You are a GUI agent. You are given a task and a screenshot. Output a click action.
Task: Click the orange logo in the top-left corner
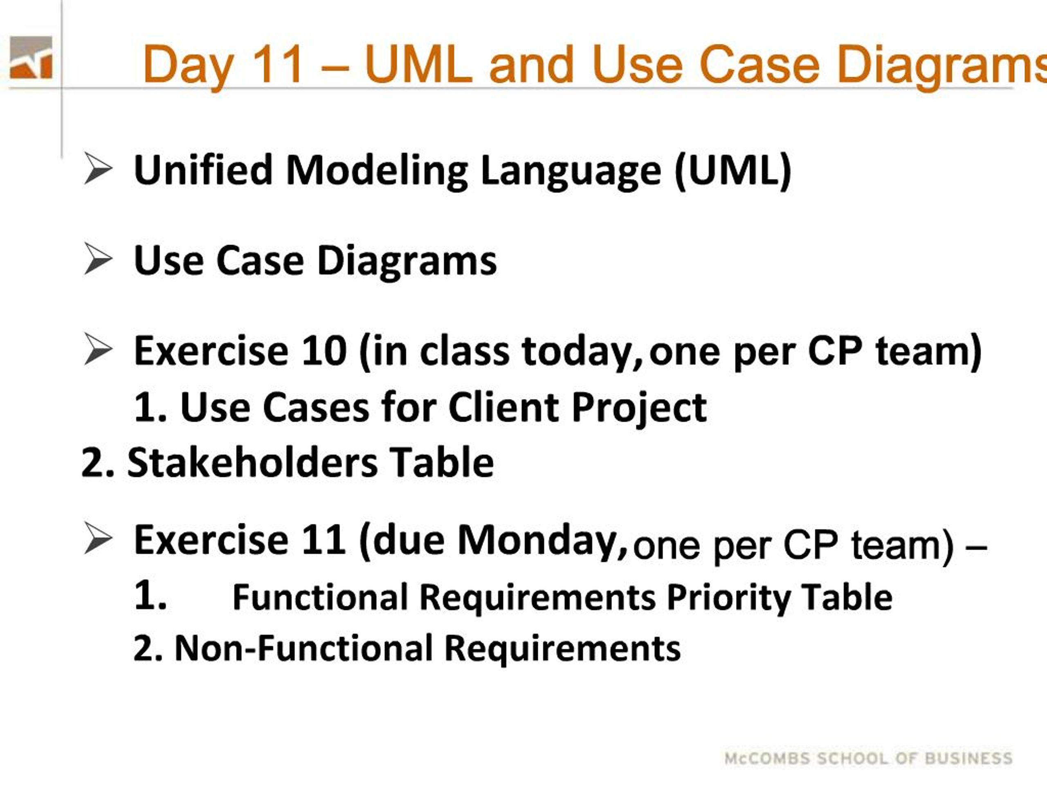tap(31, 57)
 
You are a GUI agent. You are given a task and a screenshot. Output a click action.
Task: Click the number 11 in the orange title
tap(277, 64)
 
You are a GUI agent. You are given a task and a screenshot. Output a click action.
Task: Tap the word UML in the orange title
tap(419, 64)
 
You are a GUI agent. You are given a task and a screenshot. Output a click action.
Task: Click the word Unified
tap(204, 169)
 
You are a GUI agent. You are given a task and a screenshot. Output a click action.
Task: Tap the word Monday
tap(542, 542)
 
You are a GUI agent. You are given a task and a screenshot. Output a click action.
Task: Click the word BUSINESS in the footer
tap(968, 759)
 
